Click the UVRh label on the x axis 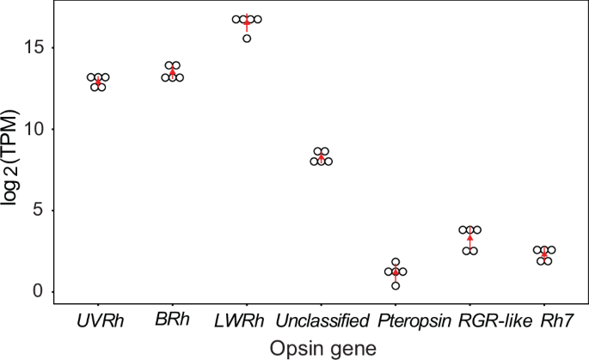[x=99, y=322]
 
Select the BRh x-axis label [x=172, y=322]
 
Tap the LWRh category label [x=247, y=322]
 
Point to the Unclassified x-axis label [x=321, y=322]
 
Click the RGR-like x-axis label [x=470, y=322]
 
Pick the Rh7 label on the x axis [x=543, y=322]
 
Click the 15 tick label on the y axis [x=34, y=47]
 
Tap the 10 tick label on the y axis [x=34, y=129]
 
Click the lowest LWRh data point [x=247, y=39]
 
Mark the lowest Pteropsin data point [x=396, y=285]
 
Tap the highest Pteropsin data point [x=396, y=262]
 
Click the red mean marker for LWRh [x=247, y=22]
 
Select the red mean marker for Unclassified [x=321, y=158]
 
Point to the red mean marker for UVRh [x=99, y=82]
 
